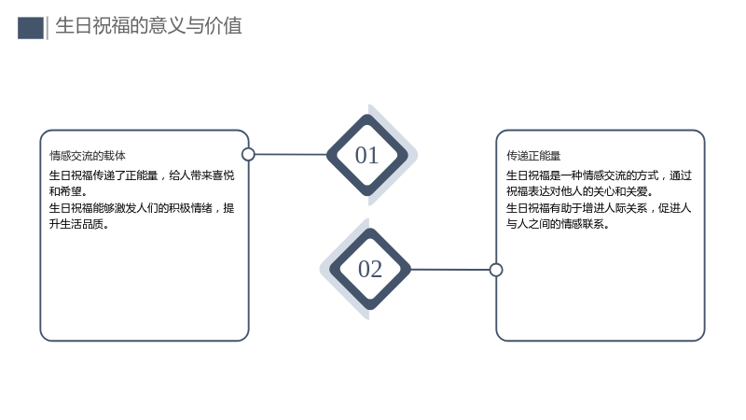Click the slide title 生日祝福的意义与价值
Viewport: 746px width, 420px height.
coord(148,26)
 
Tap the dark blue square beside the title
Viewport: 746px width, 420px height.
coord(31,28)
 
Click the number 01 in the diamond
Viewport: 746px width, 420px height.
coord(366,155)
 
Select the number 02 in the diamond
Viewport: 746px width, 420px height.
coord(369,269)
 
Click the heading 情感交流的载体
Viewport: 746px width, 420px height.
coord(88,156)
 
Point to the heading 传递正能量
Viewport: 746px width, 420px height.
coord(533,156)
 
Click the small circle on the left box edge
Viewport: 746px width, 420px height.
coord(248,154)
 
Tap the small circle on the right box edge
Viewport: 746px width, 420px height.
coord(496,270)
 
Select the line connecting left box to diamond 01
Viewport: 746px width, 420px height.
coord(291,154)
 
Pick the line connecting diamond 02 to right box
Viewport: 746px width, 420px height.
coord(450,270)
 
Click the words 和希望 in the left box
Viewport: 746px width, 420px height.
coord(65,191)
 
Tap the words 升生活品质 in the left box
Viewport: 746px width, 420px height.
coord(76,224)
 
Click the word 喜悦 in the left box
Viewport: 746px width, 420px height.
coord(223,175)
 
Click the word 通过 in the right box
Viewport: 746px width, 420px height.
coord(681,175)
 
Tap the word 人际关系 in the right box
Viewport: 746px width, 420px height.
coord(626,207)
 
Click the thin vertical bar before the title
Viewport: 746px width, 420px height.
coord(48,28)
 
